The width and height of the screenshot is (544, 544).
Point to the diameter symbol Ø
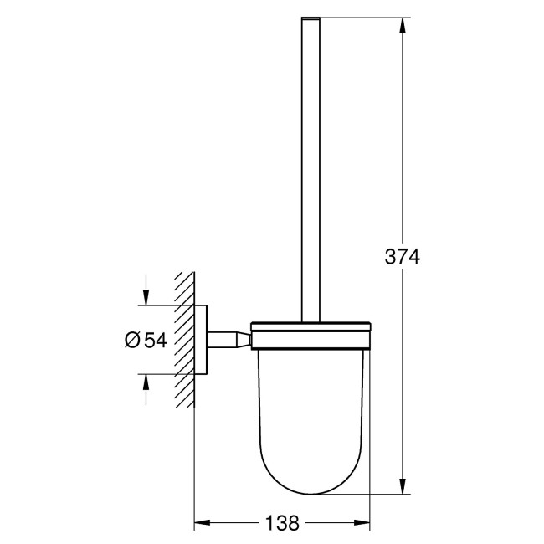[x=132, y=339]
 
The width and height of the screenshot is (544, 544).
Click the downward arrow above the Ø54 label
[x=146, y=296]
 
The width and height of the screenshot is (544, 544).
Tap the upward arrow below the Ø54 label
[x=146, y=383]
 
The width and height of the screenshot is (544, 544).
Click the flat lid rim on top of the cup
[x=310, y=327]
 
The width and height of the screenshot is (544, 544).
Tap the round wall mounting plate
[x=201, y=339]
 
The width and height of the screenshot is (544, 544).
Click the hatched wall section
[x=184, y=339]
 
